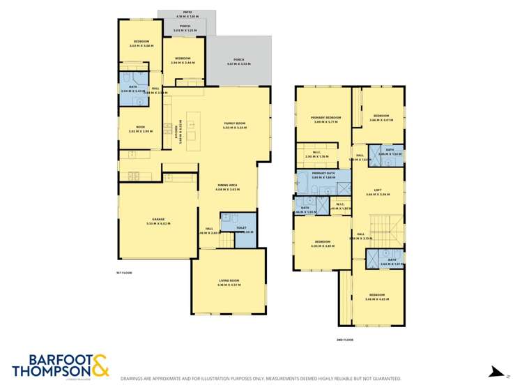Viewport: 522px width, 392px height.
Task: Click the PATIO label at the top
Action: pos(187,12)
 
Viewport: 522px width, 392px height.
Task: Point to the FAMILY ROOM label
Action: pos(234,123)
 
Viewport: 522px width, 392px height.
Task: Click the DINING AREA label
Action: pos(227,185)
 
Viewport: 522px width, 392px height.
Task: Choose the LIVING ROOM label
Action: pos(229,280)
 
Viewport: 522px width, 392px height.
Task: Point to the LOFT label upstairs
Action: pos(378,190)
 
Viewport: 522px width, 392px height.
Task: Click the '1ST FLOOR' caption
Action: pos(123,273)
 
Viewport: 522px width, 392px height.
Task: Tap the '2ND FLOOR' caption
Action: pos(345,340)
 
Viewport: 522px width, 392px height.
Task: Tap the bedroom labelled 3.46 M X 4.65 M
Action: pos(378,296)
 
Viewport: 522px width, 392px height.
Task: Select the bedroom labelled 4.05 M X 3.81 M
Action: pos(321,242)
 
